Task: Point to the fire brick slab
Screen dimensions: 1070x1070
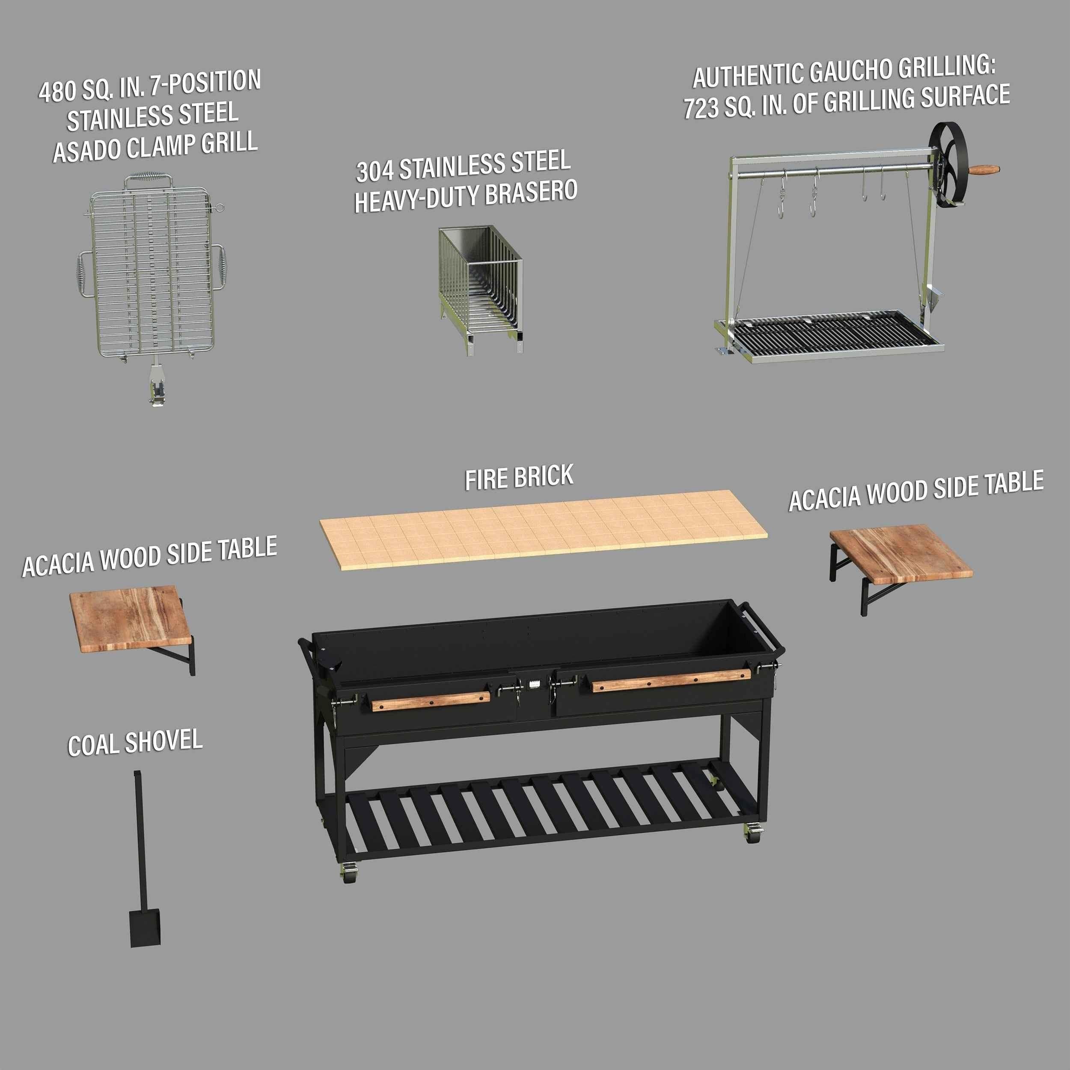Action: pyautogui.click(x=543, y=529)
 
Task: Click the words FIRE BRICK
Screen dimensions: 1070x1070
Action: pyautogui.click(x=519, y=477)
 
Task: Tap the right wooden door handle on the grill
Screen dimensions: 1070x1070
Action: pyautogui.click(x=671, y=680)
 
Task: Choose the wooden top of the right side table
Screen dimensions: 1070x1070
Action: pyautogui.click(x=901, y=553)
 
